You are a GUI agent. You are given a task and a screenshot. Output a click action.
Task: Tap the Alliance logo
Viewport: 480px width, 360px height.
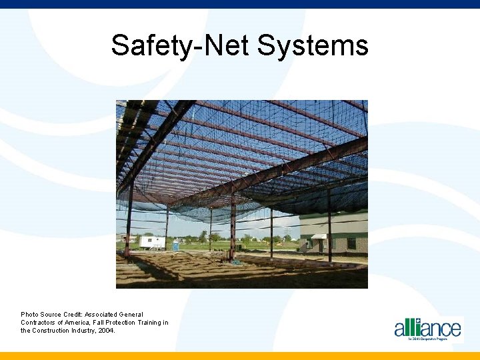pos(427,329)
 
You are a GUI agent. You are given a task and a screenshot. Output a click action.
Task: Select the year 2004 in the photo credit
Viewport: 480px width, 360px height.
pos(106,331)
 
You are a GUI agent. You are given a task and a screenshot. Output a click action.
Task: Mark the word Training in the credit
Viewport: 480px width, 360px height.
pos(150,323)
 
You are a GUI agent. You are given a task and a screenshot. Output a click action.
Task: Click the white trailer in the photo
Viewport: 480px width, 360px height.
pos(152,242)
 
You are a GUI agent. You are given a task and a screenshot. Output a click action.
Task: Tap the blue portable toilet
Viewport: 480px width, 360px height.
pos(176,245)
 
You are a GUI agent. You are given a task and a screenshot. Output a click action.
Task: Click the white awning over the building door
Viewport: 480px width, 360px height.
pos(319,237)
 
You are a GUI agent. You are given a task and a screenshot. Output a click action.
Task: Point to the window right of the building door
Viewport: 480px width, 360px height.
pos(351,243)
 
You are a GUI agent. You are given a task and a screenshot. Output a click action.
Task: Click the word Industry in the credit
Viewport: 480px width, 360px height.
pos(85,331)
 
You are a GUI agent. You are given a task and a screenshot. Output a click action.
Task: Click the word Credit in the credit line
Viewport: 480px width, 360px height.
pos(72,314)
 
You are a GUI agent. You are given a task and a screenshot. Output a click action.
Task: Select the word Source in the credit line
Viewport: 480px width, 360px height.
pos(51,314)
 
